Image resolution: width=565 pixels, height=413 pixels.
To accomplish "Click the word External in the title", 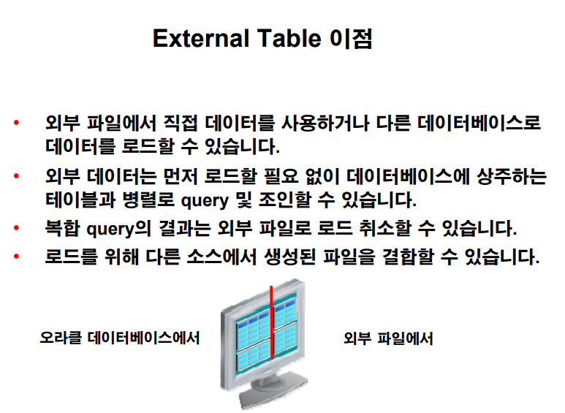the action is pyautogui.click(x=201, y=38).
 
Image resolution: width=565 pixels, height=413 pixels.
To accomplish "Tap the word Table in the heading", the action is pyautogui.click(x=289, y=38).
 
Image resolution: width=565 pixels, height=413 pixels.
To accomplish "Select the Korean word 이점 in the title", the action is pyautogui.click(x=351, y=39).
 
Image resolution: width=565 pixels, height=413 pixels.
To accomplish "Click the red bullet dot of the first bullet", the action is pyautogui.click(x=16, y=123).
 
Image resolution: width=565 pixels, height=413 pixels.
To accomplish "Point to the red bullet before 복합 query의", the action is pyautogui.click(x=16, y=228).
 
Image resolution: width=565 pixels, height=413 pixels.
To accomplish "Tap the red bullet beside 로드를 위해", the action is pyautogui.click(x=16, y=257).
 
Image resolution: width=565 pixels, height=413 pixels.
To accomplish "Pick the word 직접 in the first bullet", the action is pyautogui.click(x=181, y=123).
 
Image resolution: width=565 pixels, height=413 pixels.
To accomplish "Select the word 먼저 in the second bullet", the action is pyautogui.click(x=180, y=176).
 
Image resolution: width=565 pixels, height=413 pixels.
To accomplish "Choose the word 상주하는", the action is pyautogui.click(x=512, y=176).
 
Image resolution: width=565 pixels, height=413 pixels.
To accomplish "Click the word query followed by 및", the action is pyautogui.click(x=205, y=201).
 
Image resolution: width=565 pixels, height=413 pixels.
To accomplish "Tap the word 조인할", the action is pyautogui.click(x=284, y=200).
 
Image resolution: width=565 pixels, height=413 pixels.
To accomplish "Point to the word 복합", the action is pyautogui.click(x=62, y=228).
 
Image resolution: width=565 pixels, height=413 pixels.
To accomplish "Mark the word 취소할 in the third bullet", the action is pyautogui.click(x=385, y=228).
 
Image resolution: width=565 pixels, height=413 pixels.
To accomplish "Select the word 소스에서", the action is pyautogui.click(x=221, y=257).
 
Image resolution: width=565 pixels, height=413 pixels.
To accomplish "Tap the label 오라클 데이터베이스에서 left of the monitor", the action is pyautogui.click(x=120, y=338).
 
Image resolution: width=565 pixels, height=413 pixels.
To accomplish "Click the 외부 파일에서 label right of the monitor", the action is pyautogui.click(x=388, y=338).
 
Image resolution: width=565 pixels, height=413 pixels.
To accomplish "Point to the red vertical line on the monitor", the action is pyautogui.click(x=271, y=322).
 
